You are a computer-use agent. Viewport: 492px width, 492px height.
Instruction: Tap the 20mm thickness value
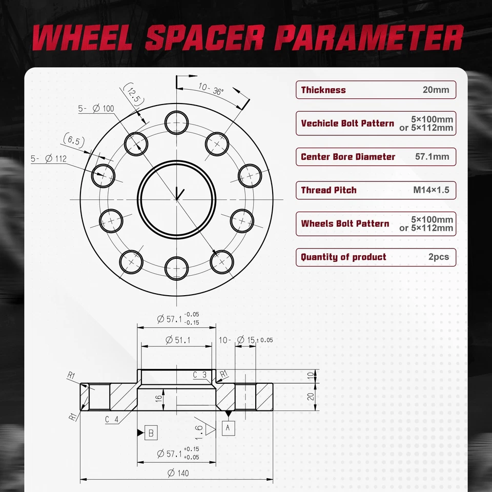click(436, 90)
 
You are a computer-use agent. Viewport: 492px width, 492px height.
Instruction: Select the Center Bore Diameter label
click(348, 157)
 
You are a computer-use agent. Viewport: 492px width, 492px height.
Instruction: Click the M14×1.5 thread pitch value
click(431, 190)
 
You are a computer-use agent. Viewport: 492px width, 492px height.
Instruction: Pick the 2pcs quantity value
click(438, 257)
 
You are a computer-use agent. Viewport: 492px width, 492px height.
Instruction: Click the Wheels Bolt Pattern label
click(345, 224)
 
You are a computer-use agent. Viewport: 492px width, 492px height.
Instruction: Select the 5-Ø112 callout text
click(49, 158)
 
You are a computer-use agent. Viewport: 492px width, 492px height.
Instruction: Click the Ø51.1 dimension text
click(178, 339)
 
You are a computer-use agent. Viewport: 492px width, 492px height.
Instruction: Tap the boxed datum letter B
click(151, 433)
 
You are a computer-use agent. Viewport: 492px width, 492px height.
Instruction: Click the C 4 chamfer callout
click(112, 419)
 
